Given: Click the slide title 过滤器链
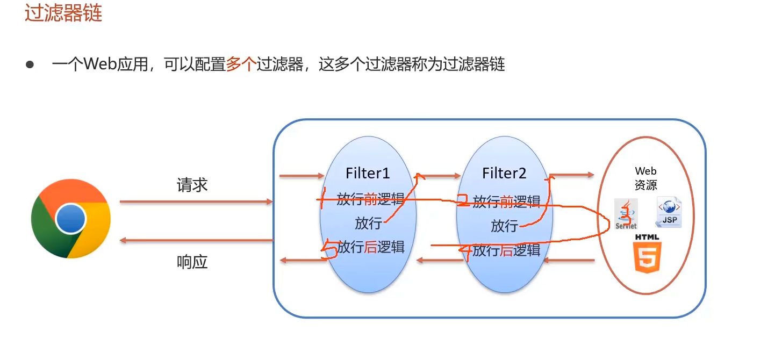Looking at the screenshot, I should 63,12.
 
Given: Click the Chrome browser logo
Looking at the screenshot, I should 71,219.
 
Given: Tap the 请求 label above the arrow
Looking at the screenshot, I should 192,185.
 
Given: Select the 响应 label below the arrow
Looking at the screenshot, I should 192,262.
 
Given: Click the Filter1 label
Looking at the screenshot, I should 368,173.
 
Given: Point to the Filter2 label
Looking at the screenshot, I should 504,173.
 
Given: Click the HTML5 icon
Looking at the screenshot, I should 647,254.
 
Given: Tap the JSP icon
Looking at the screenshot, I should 669,212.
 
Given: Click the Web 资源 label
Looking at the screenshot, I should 645,178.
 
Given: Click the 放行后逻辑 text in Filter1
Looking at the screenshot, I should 371,247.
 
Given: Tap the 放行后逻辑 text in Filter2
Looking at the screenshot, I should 506,250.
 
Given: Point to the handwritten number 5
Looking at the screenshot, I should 329,250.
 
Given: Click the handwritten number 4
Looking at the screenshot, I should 465,251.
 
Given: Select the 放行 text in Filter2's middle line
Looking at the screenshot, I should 504,226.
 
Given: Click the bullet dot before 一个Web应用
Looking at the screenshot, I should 30,65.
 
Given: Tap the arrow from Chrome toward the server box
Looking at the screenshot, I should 196,201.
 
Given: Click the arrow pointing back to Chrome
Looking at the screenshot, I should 196,240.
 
